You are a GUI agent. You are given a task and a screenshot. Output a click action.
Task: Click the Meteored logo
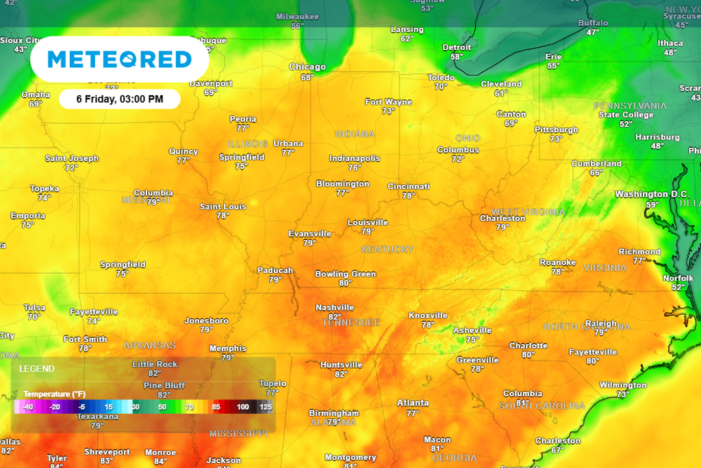(119, 60)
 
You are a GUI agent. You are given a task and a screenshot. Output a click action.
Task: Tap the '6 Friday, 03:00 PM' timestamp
(119, 99)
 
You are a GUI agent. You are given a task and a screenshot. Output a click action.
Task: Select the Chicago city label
(307, 67)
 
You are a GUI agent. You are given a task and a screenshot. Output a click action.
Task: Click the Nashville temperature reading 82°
(334, 317)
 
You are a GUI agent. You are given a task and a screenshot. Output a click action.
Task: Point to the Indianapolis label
(354, 158)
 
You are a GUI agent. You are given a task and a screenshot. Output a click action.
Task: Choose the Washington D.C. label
(650, 194)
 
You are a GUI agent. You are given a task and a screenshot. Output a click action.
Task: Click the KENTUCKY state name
(387, 249)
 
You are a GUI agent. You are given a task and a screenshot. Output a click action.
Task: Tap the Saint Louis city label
(223, 206)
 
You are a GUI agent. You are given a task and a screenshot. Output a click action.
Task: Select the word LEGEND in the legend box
(37, 369)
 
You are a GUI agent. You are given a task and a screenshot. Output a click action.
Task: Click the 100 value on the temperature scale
(243, 406)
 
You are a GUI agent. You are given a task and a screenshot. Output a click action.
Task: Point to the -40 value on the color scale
(27, 406)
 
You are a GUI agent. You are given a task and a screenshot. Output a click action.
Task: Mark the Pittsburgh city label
(556, 129)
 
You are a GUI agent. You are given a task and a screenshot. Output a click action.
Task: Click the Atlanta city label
(413, 403)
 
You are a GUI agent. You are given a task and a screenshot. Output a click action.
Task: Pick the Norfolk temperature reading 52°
(678, 287)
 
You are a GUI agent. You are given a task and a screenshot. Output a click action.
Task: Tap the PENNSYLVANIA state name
(630, 105)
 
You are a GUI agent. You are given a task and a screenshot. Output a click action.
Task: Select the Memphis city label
(227, 348)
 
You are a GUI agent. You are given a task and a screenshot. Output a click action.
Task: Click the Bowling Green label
(345, 274)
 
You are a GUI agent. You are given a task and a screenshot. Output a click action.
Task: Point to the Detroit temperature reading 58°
(457, 57)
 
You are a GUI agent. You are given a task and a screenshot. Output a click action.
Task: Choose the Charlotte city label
(528, 346)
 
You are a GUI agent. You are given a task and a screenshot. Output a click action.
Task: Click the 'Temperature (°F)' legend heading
(55, 394)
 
